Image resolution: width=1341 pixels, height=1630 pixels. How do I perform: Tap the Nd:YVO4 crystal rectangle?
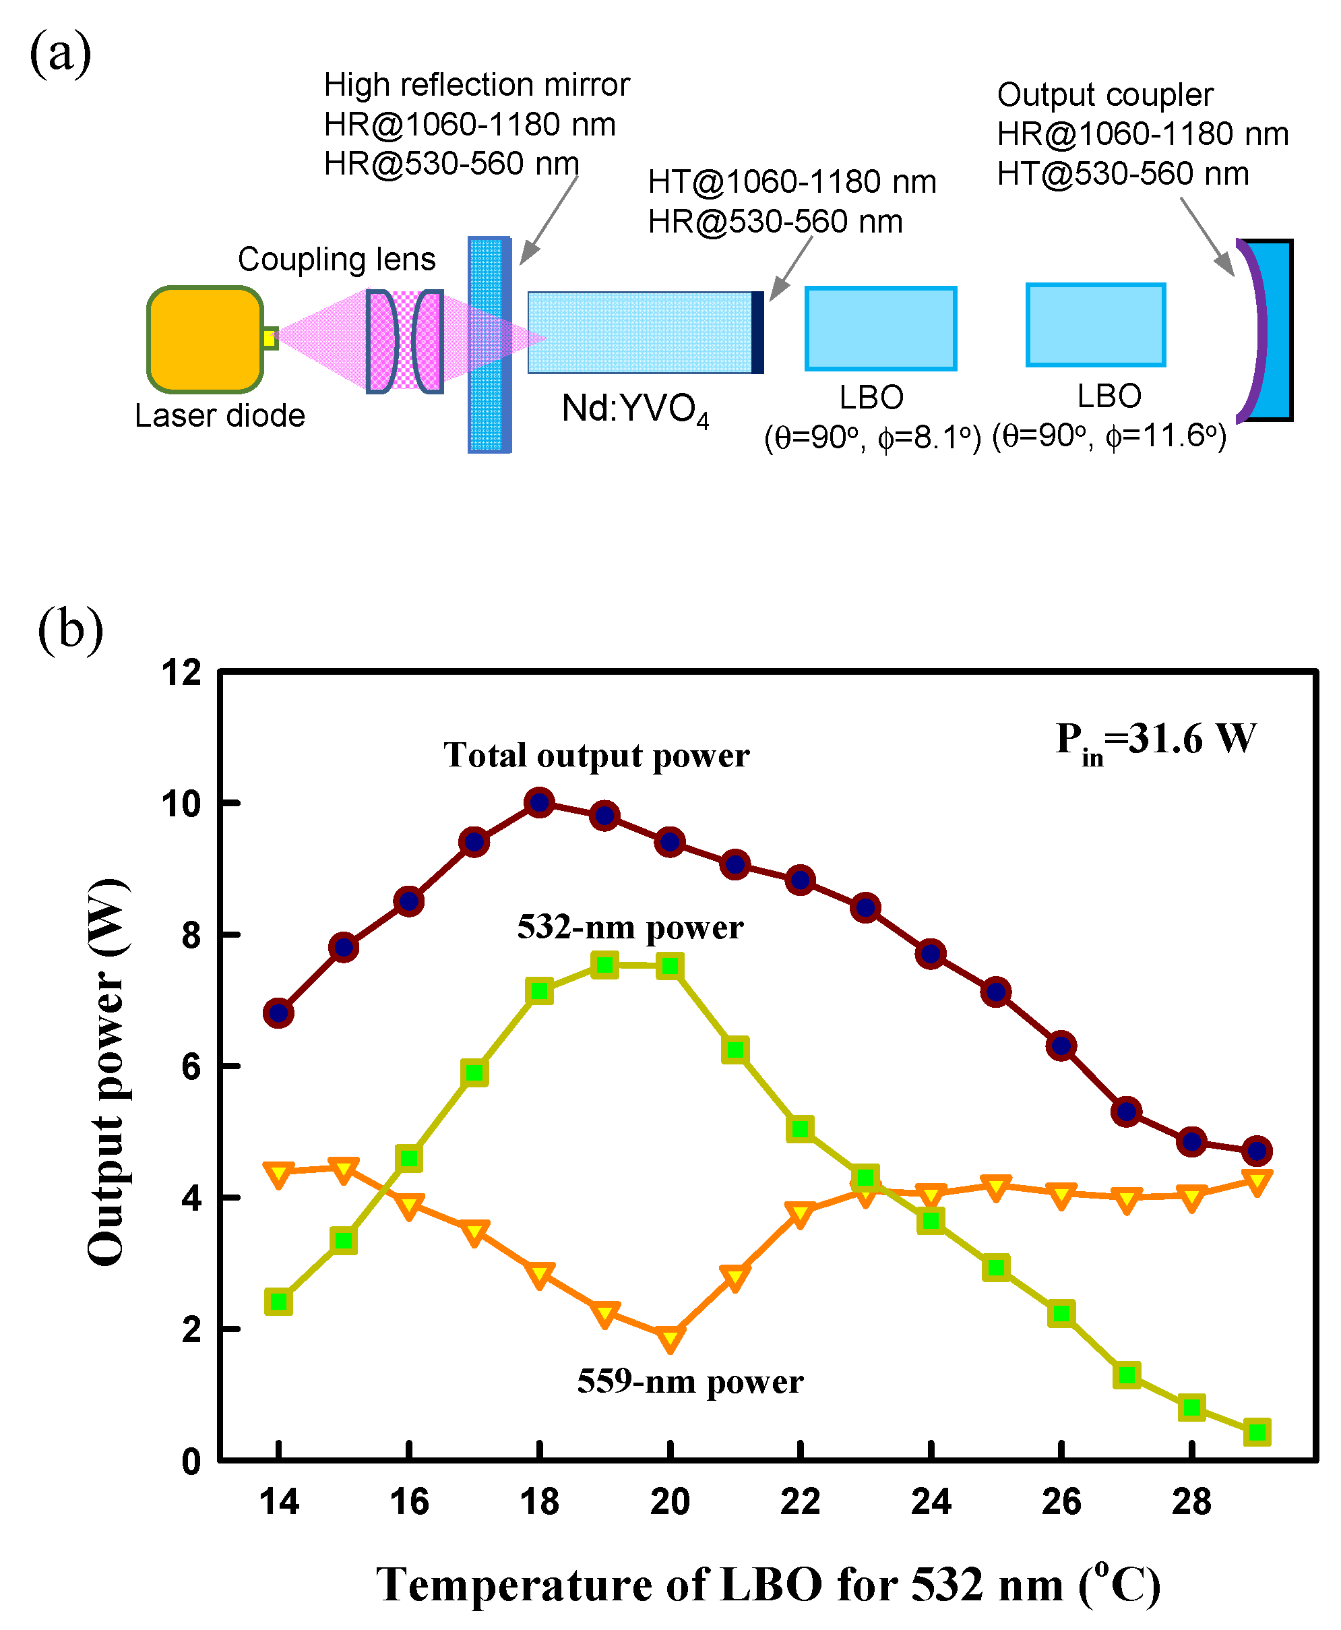(640, 332)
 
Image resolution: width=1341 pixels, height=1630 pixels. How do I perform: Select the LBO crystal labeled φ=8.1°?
(881, 328)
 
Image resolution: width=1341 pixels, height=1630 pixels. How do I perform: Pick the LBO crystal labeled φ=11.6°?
(1095, 325)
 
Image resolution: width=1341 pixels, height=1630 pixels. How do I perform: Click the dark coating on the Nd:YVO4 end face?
(758, 332)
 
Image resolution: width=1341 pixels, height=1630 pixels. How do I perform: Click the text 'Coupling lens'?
(336, 259)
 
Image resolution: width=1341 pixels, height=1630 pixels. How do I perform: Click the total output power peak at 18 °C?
(539, 803)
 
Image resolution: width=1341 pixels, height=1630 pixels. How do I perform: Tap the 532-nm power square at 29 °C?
(1257, 1432)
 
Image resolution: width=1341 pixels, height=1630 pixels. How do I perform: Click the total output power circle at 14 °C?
(278, 1013)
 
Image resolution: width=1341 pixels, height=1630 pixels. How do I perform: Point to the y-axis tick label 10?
(181, 804)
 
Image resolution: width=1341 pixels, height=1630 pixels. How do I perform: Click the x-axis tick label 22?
(801, 1502)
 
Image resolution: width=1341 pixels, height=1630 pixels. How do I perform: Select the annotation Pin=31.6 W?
(1156, 739)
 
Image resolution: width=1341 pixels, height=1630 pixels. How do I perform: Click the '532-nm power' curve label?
(629, 927)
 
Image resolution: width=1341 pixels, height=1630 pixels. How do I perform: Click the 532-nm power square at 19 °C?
(605, 965)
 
